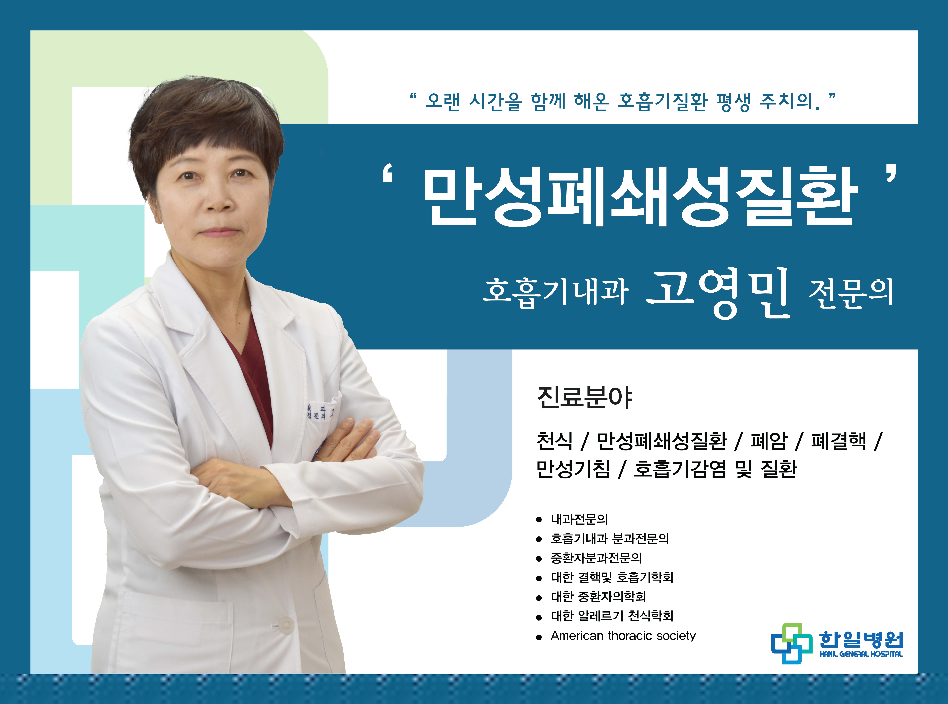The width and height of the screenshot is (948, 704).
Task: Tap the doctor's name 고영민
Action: point(718,293)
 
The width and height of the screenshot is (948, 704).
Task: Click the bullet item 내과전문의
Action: point(580,519)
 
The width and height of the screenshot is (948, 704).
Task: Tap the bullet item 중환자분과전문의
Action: point(597,558)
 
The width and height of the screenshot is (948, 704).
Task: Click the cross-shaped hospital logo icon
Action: point(792,644)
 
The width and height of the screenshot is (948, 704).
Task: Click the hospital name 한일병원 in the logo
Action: point(861,639)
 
